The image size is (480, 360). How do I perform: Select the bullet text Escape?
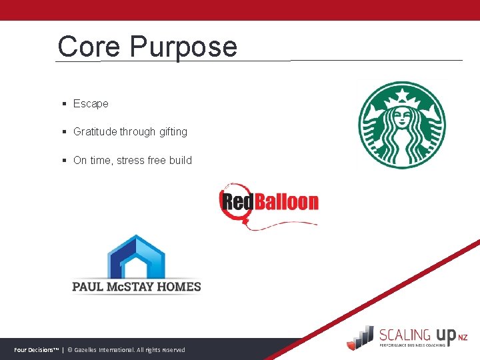(x=91, y=104)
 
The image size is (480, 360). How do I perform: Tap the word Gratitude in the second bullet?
(x=95, y=132)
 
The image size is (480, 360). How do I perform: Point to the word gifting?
(x=173, y=133)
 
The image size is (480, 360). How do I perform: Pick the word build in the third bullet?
(x=181, y=160)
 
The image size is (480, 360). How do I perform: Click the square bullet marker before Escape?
(x=64, y=104)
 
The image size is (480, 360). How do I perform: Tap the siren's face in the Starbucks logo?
(x=401, y=118)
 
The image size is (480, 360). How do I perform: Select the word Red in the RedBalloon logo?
(x=235, y=201)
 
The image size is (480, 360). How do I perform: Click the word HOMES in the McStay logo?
(x=177, y=287)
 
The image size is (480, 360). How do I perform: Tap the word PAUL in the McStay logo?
(x=88, y=287)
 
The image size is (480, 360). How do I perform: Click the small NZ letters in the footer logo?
(x=463, y=338)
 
